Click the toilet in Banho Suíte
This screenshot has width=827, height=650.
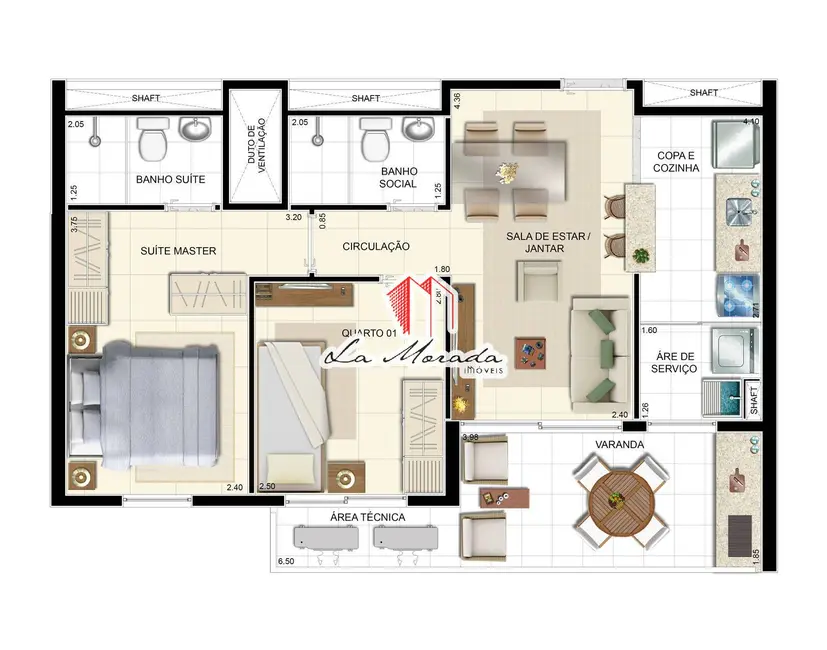154,140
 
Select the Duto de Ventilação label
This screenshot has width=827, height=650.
257,146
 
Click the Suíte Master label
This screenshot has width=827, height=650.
179,250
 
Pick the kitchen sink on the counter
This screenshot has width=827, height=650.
738,211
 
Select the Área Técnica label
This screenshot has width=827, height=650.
367,517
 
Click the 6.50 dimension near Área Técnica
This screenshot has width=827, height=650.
285,562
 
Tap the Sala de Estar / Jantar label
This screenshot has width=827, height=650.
546,242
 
